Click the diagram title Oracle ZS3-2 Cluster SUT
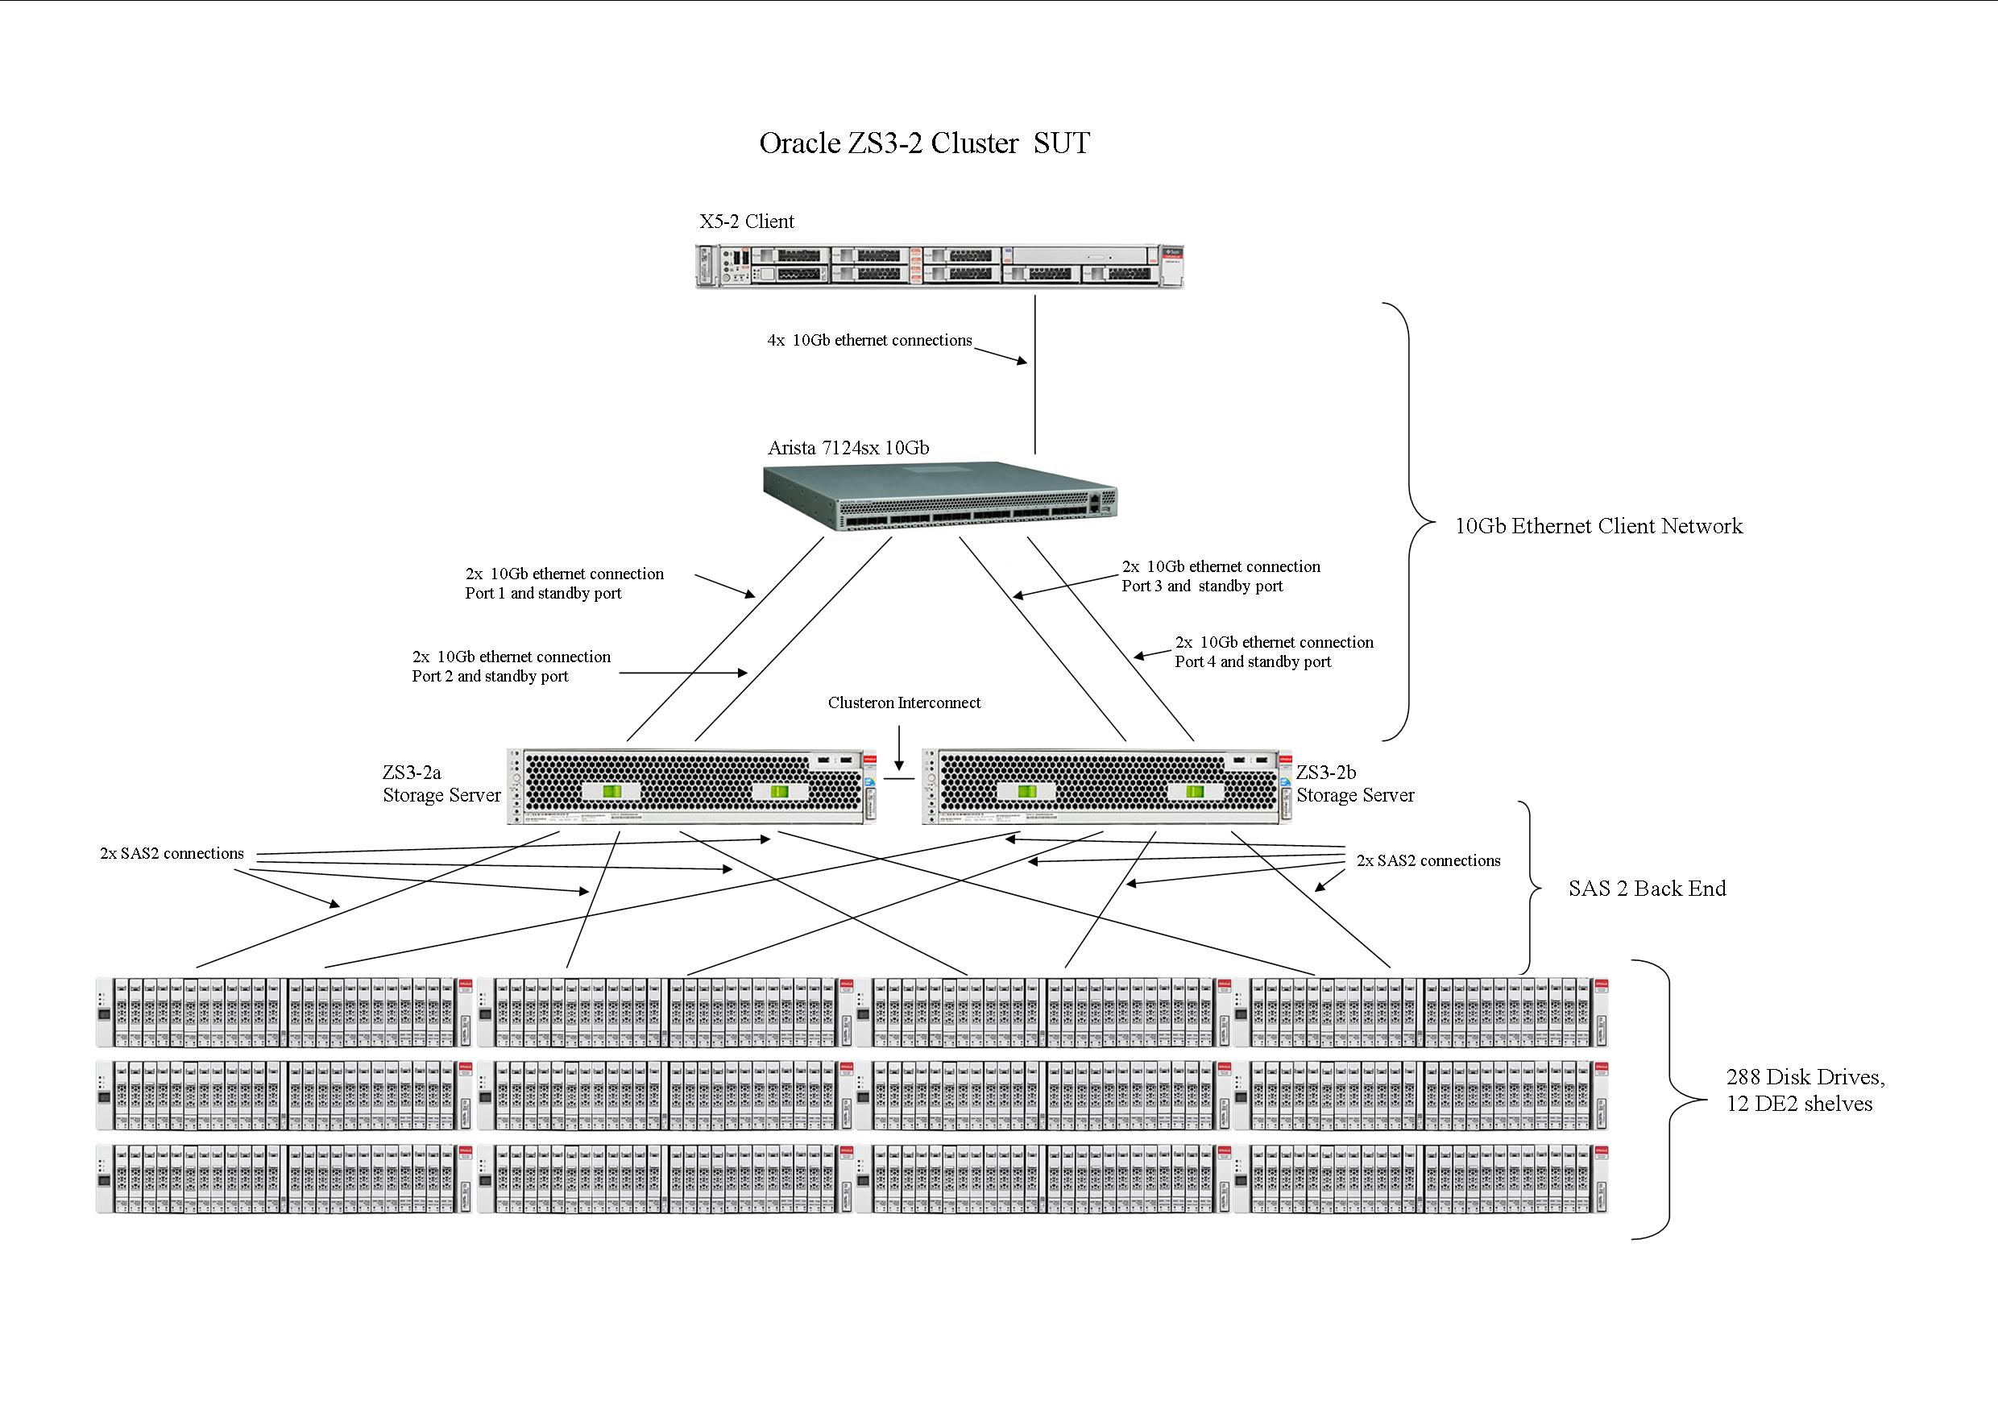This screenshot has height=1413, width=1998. [924, 143]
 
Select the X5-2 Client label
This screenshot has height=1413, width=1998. [747, 222]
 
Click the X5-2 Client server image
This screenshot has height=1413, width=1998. [940, 265]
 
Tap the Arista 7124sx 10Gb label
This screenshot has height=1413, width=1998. [848, 448]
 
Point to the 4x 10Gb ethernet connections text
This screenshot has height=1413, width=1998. [869, 340]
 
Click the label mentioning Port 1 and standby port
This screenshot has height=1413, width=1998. [564, 584]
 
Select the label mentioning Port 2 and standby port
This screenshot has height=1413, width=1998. [511, 666]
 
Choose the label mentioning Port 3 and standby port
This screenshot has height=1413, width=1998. [1220, 576]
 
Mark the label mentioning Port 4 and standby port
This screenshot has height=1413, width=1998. [1274, 652]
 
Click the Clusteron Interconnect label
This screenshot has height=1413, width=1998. [904, 703]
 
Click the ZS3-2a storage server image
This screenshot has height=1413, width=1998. [692, 785]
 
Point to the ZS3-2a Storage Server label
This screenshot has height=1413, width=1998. [441, 784]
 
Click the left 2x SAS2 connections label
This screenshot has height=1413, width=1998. [172, 854]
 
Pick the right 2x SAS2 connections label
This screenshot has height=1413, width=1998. [1428, 860]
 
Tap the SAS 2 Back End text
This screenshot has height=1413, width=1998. [1647, 889]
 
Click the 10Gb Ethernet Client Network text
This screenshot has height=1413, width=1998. [1598, 525]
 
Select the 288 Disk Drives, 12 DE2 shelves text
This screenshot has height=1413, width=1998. [1805, 1090]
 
